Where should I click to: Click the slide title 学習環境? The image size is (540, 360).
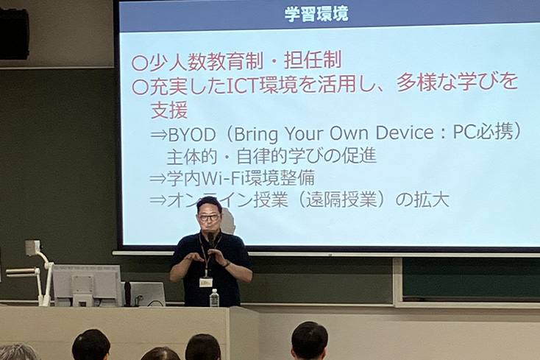[x=316, y=13]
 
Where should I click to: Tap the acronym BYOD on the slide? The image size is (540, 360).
[x=192, y=135]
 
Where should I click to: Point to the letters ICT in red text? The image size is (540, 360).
[x=243, y=86]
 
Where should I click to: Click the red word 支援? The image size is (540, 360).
[x=169, y=110]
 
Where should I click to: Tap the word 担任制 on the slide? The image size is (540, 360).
[x=313, y=60]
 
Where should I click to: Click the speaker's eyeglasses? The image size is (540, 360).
[x=209, y=217]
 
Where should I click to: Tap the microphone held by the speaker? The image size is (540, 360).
[x=210, y=242]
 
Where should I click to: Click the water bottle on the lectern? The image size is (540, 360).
[x=214, y=297]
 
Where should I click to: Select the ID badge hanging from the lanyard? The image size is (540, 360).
[x=205, y=283]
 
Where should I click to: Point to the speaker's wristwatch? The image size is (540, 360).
[x=227, y=264]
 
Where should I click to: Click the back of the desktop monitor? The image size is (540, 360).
[x=87, y=285]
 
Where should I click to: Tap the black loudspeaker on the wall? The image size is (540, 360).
[x=14, y=34]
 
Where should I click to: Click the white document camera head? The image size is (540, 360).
[x=32, y=248]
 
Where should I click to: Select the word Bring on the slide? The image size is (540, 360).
[x=256, y=134]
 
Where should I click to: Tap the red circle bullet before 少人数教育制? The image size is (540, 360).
[x=140, y=63]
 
